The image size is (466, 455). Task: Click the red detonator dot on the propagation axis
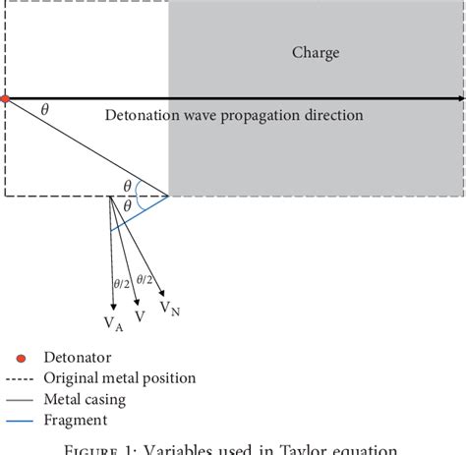[x=5, y=99]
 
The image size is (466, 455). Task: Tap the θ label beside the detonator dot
[x=43, y=110]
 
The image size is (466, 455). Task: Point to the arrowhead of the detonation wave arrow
[x=459, y=99]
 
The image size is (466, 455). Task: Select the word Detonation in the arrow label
[x=143, y=116]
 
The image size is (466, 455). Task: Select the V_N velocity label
[x=169, y=310]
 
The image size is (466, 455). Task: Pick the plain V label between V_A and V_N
[x=140, y=317]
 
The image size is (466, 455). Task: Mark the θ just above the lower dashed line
[x=126, y=185]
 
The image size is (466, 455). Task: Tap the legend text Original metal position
[x=119, y=377]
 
